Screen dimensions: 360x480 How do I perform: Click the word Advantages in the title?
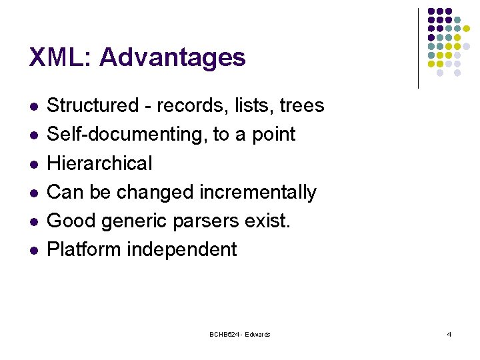click(172, 58)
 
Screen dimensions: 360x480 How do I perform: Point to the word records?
click(189, 105)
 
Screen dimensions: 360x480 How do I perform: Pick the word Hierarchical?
click(100, 163)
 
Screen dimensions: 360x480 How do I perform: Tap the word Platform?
click(84, 249)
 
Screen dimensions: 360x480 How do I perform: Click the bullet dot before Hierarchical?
click(33, 164)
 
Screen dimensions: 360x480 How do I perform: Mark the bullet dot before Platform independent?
click(33, 250)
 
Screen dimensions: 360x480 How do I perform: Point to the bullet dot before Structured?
click(33, 107)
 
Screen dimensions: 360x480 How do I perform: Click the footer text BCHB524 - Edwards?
click(239, 334)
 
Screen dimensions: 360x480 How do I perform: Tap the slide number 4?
click(449, 334)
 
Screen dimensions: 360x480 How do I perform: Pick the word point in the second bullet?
click(273, 135)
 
